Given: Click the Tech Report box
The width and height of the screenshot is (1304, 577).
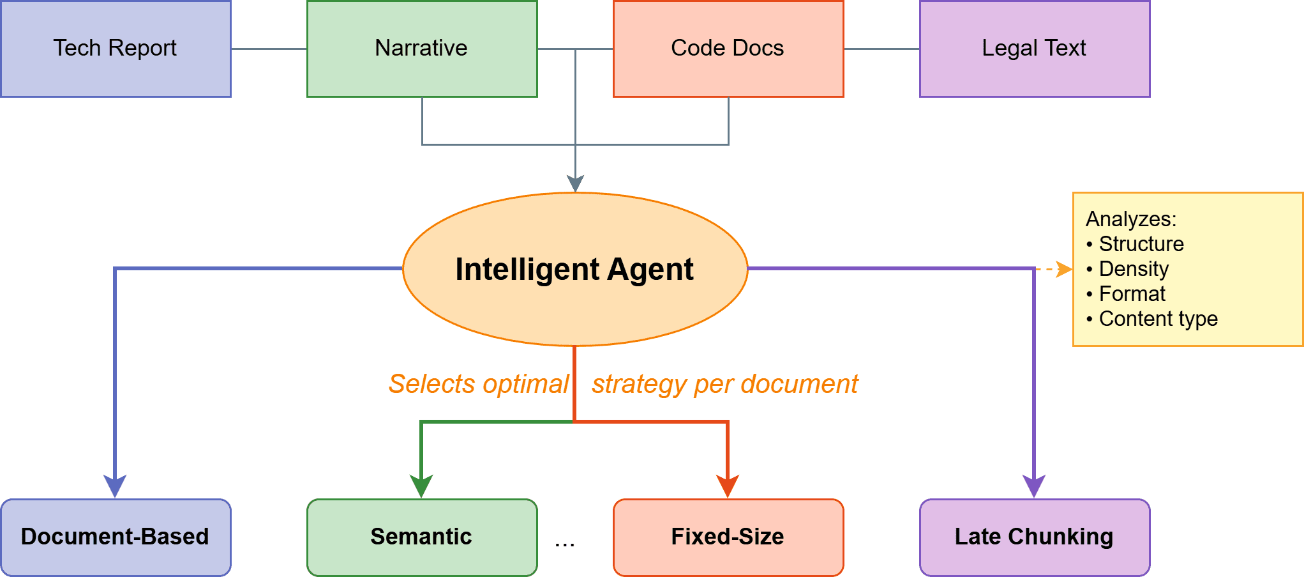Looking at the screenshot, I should click(116, 49).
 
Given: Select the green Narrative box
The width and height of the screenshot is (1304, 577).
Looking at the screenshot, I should click(422, 49).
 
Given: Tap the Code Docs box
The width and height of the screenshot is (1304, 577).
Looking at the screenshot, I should click(728, 49).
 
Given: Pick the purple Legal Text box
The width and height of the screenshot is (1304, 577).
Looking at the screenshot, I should click(1035, 49).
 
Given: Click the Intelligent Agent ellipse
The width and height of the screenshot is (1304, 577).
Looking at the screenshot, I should click(574, 269).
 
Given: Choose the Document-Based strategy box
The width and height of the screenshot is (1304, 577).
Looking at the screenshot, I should click(116, 537).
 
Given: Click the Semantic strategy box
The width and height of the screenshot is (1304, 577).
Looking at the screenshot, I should click(422, 537).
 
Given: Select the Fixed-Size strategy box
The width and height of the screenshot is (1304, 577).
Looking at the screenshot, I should click(728, 537).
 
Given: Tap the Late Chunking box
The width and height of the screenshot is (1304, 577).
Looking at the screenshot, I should click(1035, 537).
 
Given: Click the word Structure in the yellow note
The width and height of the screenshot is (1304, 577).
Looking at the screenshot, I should click(1141, 244).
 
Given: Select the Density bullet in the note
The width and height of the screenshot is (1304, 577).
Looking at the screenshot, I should click(1134, 269).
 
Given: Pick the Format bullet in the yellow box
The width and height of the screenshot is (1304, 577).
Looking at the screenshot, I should click(1132, 294).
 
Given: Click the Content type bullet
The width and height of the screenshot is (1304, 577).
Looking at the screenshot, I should click(1158, 319).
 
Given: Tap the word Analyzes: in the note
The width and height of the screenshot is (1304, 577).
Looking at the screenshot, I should click(1130, 219).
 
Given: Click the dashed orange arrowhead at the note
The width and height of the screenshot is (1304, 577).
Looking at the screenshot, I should click(1065, 269).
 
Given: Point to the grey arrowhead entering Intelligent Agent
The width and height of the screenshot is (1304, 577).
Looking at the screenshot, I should click(575, 184).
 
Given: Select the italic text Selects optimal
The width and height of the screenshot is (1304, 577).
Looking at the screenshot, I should click(479, 384).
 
